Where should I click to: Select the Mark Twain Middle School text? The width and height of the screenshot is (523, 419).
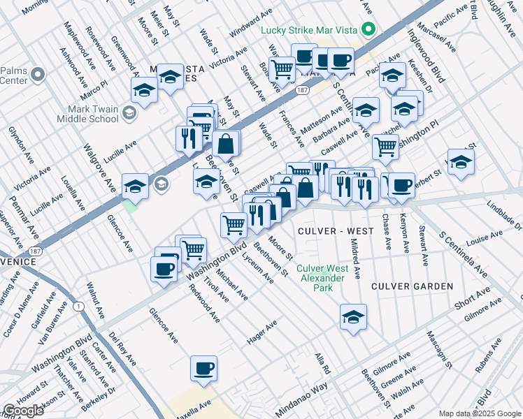92,113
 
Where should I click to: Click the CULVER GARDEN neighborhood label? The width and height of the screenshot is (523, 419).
412,286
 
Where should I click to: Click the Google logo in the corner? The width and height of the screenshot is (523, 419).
23,411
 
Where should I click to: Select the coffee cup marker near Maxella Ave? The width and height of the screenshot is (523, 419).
203,368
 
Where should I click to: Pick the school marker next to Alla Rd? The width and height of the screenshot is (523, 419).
354,317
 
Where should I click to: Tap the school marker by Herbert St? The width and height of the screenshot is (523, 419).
461,162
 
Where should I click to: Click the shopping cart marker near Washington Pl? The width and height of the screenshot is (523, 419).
385,147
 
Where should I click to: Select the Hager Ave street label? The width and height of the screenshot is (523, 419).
262,332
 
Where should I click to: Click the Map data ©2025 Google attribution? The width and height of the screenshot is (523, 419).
479,413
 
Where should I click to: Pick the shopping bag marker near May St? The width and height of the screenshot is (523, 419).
226,145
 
